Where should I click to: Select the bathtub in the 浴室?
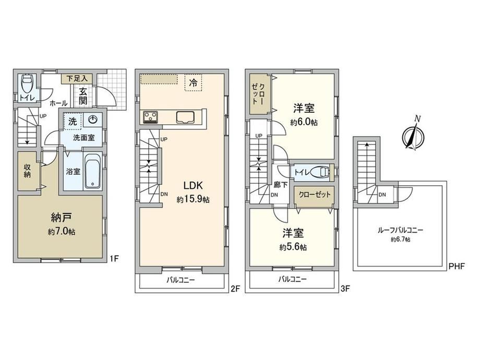[93, 171]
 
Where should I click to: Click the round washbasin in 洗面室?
[92, 119]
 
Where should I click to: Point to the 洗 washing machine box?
[72, 121]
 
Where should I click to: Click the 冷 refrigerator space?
[193, 82]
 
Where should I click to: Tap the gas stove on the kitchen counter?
[150, 117]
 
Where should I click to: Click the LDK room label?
[193, 186]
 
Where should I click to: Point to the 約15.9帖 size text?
[193, 200]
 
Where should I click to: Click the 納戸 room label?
[61, 218]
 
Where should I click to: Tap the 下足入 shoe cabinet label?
[77, 78]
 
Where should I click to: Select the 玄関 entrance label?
[83, 96]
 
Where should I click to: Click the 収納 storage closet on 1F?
[28, 172]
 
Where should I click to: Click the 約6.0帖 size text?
[304, 123]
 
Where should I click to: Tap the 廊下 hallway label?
[280, 185]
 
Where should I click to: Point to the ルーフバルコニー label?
[400, 230]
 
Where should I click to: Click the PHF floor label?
[457, 266]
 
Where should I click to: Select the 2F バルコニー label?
[181, 280]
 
